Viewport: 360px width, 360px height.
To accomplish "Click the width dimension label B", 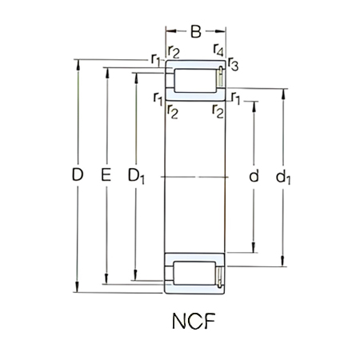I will point(195,33).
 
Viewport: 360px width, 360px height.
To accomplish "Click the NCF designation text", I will point(194,325).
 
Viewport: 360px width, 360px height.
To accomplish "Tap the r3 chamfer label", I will point(234,65).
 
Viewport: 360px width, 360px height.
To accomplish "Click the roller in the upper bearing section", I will point(192,80).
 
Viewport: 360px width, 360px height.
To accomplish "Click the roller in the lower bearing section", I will point(192,271).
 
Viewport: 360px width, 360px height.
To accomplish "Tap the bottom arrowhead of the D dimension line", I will point(78,290).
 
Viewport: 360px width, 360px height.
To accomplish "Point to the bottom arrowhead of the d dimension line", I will point(254,249).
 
